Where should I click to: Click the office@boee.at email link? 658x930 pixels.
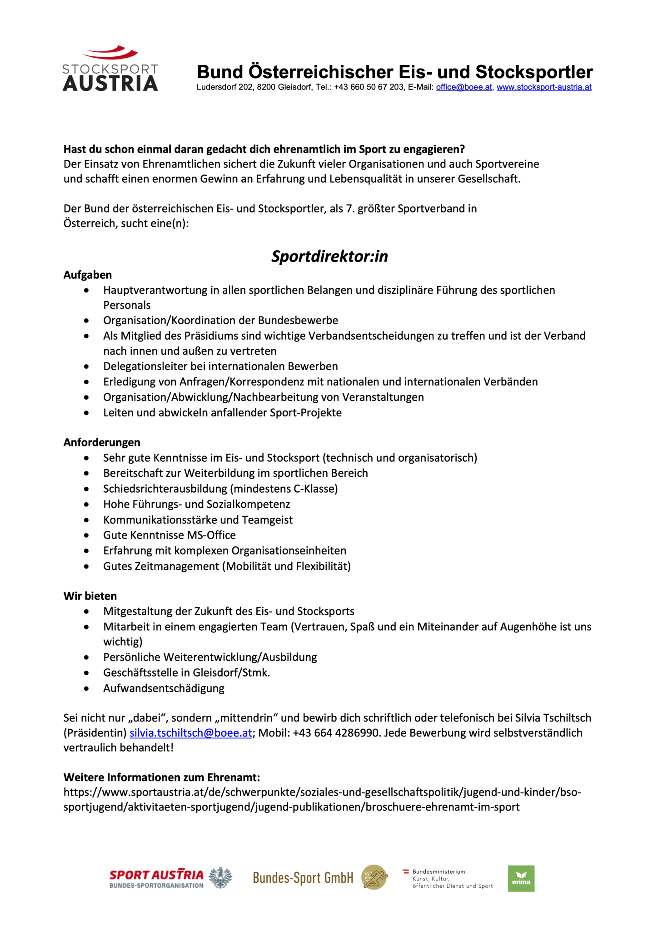coord(464,87)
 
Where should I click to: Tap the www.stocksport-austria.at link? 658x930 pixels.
coord(544,87)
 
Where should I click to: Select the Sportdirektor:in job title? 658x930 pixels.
coord(329,257)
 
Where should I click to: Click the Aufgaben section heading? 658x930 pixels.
coord(88,275)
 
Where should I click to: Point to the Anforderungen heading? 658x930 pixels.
coord(102,442)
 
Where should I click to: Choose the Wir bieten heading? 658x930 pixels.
coord(90,596)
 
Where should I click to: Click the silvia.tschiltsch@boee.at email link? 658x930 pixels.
coord(191,733)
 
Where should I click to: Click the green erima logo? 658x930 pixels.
coord(521,878)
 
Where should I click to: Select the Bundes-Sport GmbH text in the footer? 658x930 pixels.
coord(303,878)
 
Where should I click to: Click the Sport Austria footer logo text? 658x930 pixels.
coord(156,875)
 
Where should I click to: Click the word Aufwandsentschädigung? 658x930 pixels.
coord(164,688)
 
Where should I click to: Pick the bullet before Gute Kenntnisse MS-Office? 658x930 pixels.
coord(87,535)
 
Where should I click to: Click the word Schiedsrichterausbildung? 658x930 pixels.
coord(165,489)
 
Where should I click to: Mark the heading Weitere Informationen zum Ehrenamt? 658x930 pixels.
coord(162,777)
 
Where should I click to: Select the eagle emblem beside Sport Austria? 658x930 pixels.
coord(221,878)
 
